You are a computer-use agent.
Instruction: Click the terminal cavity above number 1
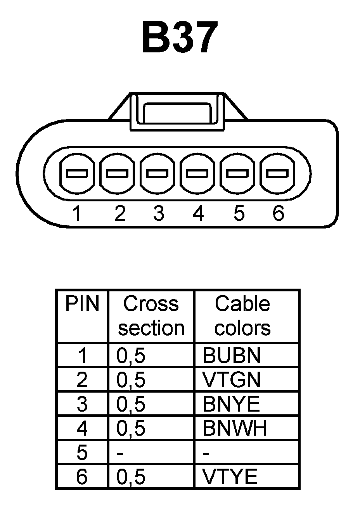76,173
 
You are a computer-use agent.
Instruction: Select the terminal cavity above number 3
157,173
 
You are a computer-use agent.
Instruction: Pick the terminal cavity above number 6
278,173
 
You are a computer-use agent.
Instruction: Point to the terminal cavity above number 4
197,173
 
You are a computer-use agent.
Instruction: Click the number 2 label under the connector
120,213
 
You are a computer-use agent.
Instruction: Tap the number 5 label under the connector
239,213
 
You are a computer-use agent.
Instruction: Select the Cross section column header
151,316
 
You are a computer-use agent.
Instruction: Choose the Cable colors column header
242,316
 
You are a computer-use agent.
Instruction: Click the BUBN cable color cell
231,355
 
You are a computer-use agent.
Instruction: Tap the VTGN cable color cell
231,380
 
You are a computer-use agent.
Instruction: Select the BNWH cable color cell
235,429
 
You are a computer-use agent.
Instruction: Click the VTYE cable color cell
230,477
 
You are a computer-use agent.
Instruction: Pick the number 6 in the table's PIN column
82,477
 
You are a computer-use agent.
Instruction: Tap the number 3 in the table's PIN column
82,404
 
